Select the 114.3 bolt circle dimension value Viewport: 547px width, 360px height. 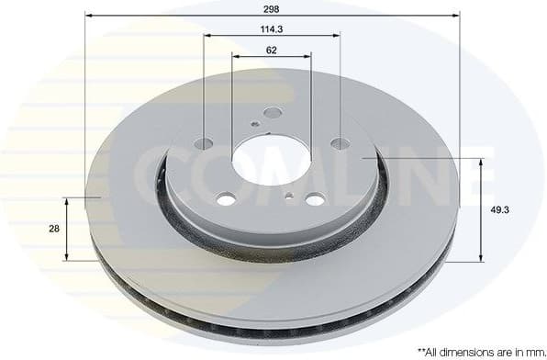(271, 28)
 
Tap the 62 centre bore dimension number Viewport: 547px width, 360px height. (271, 50)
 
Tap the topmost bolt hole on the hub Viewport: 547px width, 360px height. (273, 113)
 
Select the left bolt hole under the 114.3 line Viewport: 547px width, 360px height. (204, 143)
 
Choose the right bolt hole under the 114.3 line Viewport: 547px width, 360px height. (340, 143)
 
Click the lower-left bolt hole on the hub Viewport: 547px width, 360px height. (226, 198)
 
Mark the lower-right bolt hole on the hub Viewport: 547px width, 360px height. (315, 199)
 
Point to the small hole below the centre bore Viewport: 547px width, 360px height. (290, 196)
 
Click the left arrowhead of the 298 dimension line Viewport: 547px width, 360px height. (89, 15)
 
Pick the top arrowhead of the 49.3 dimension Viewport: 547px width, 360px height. (480, 162)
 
